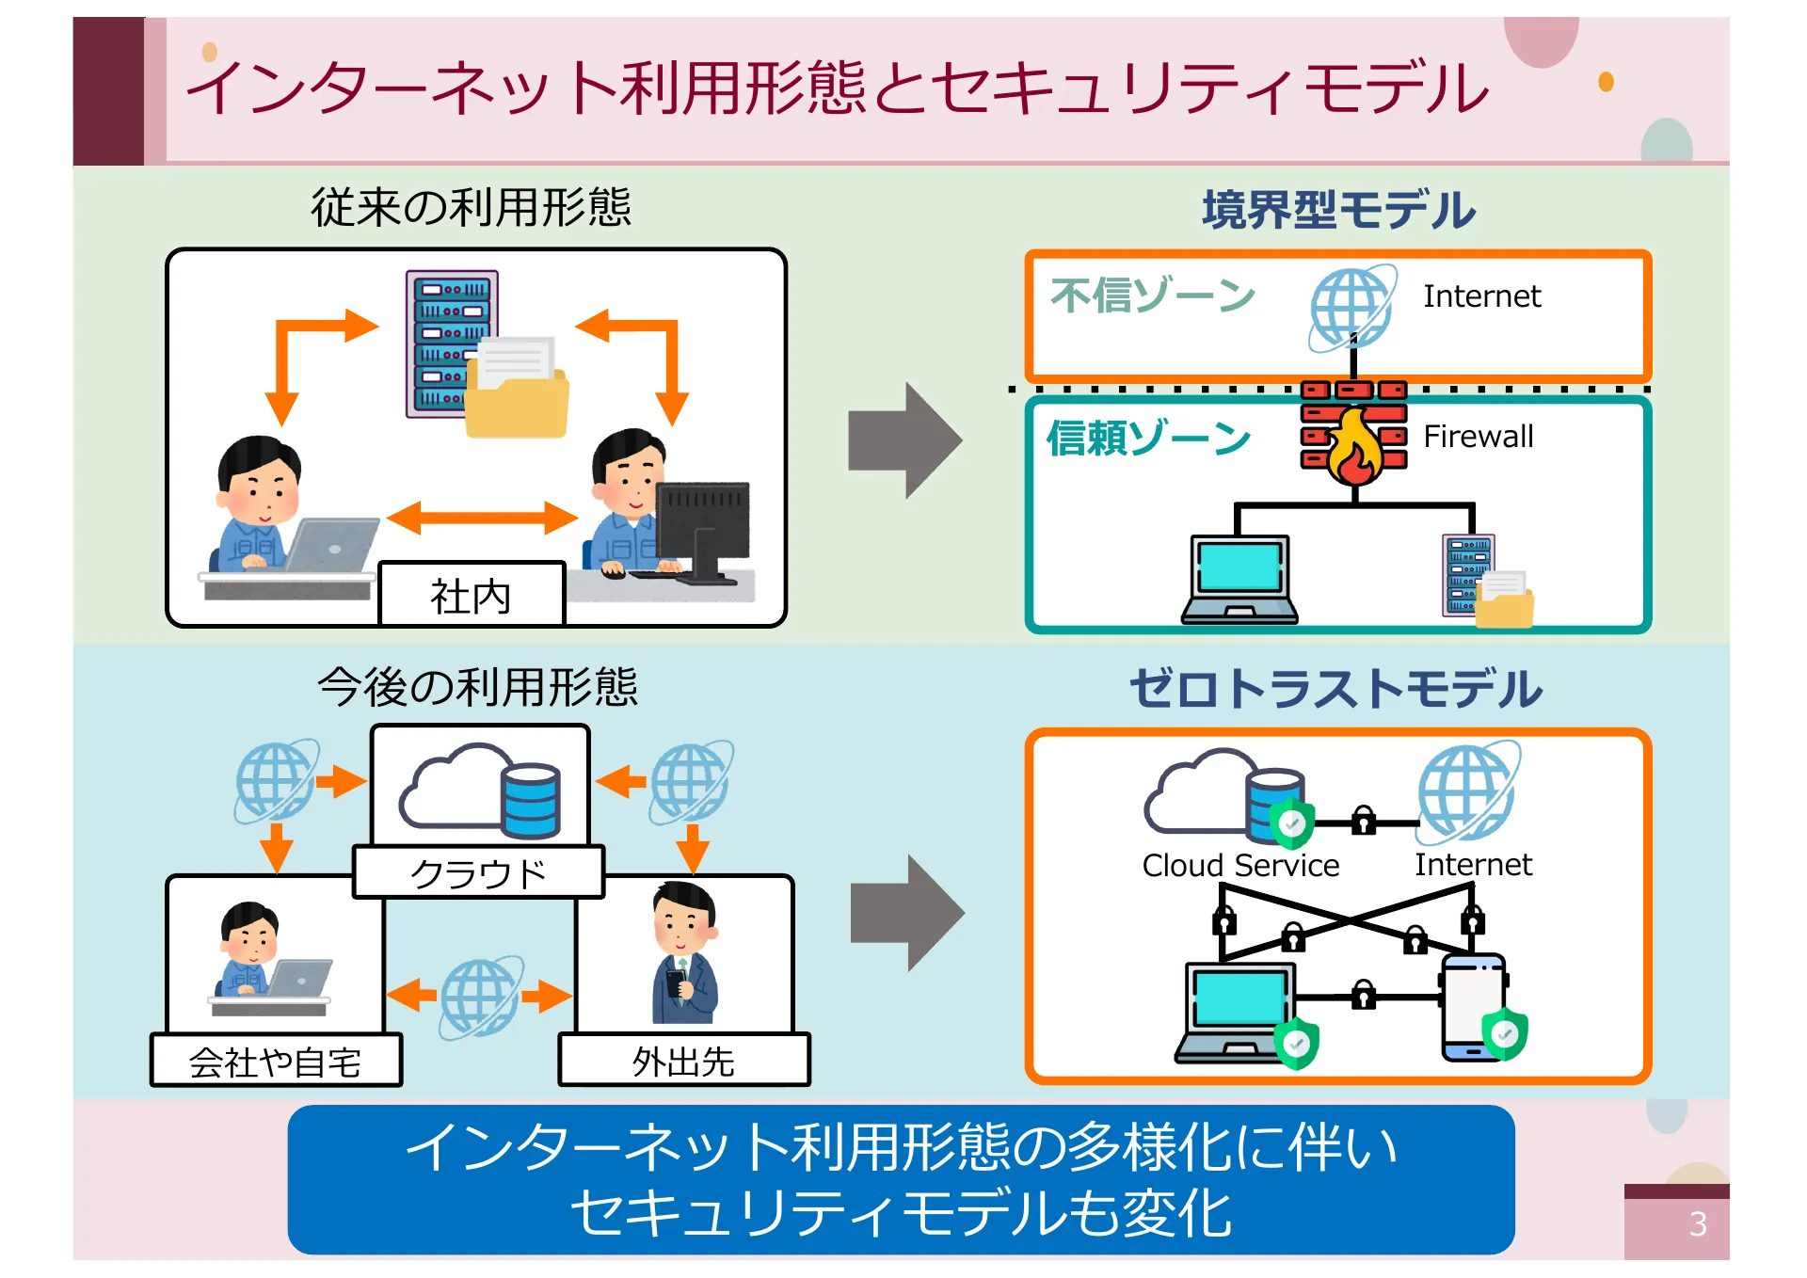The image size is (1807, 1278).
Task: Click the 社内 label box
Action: (x=472, y=595)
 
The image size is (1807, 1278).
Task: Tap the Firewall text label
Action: (x=1478, y=437)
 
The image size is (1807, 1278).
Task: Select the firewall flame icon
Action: (x=1353, y=447)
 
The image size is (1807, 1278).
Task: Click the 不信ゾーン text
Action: (x=1152, y=296)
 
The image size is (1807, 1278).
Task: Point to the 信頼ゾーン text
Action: (x=1148, y=439)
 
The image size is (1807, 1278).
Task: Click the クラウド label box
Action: (x=478, y=872)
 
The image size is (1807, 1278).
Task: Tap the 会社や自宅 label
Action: (x=275, y=1062)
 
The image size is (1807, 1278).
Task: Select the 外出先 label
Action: (x=683, y=1061)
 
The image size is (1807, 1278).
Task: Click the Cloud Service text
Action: (x=1240, y=865)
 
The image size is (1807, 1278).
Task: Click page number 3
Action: (x=1697, y=1223)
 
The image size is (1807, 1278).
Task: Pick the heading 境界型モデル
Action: (x=1338, y=210)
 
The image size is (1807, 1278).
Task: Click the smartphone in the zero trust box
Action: (x=1473, y=1007)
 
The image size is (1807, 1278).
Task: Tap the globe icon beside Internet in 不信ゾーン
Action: (x=1351, y=308)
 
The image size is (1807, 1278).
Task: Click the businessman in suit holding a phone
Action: (x=684, y=955)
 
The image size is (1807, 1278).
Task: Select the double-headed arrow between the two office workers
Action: (x=481, y=518)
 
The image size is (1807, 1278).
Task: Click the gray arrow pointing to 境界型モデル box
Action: (x=904, y=440)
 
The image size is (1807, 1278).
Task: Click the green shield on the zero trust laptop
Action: (x=1297, y=1043)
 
